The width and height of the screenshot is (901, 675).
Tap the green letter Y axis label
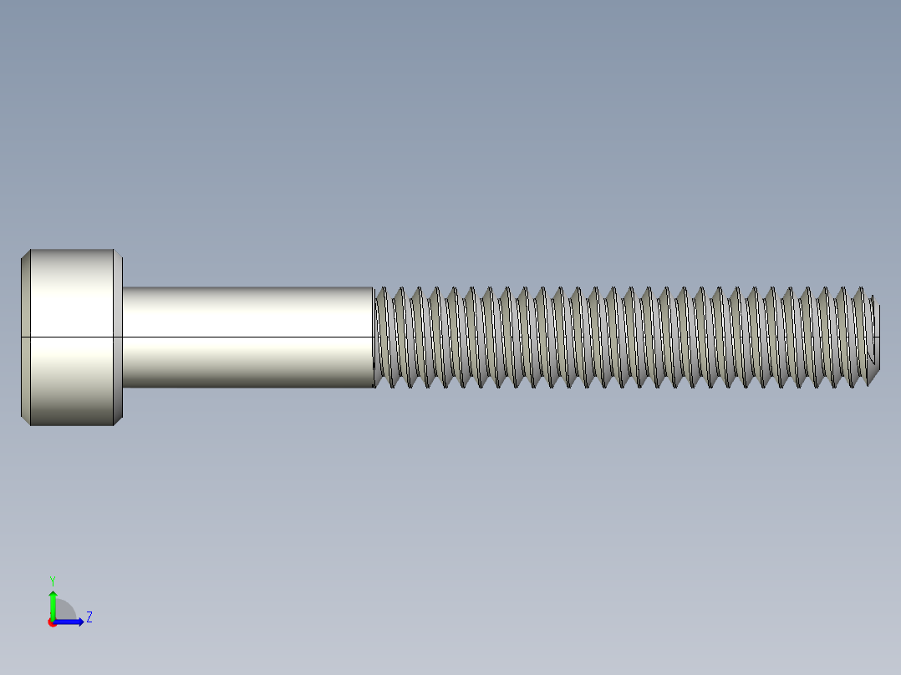click(52, 580)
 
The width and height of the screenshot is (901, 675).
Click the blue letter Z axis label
click(89, 617)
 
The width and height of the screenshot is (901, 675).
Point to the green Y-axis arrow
click(52, 606)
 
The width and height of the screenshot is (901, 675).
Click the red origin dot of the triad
click(52, 622)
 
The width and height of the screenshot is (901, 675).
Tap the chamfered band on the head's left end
click(25, 337)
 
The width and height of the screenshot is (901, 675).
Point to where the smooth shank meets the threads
click(373, 337)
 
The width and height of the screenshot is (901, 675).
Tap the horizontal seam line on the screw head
click(71, 337)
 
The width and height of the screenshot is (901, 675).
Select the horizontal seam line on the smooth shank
click(247, 337)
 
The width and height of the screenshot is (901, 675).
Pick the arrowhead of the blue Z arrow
click(79, 622)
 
